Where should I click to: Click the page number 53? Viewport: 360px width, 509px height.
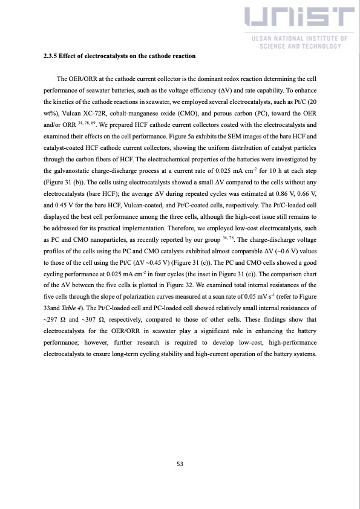pyautogui.click(x=180, y=464)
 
